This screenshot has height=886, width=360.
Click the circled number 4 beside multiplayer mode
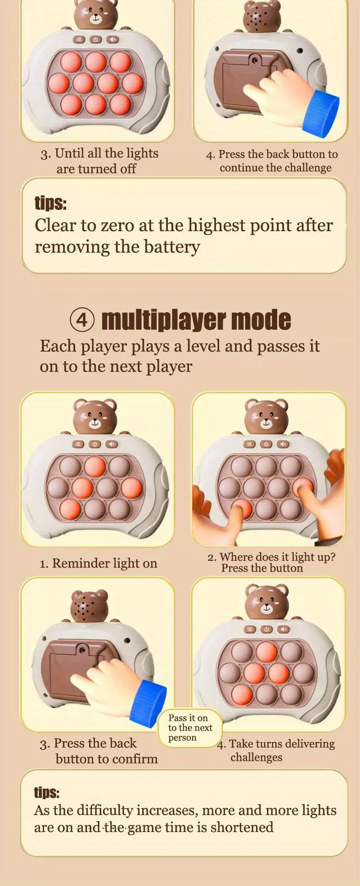[x=82, y=320]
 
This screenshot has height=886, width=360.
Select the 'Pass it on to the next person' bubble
[x=190, y=727]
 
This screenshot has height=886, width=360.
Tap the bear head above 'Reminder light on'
[x=95, y=416]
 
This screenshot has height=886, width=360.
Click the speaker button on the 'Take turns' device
[x=283, y=629]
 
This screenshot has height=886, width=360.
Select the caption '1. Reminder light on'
[x=99, y=563]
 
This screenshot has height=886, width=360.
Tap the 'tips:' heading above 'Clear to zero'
[x=50, y=203]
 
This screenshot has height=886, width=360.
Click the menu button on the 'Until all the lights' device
[x=79, y=40]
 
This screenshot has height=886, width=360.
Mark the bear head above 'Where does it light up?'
[x=266, y=416]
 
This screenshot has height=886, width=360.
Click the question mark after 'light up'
[x=333, y=557]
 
